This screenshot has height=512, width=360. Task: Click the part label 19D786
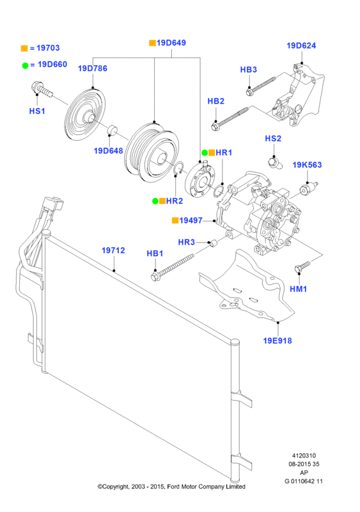pyautogui.click(x=92, y=68)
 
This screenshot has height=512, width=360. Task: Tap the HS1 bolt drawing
pyautogui.click(x=42, y=89)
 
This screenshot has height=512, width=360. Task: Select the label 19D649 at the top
pyautogui.click(x=171, y=43)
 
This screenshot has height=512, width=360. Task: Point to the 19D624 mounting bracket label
pyautogui.click(x=301, y=45)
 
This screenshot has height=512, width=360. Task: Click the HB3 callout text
pyautogui.click(x=248, y=70)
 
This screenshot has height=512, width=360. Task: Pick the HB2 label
pyautogui.click(x=215, y=101)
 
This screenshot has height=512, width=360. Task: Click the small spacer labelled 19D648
pyautogui.click(x=113, y=129)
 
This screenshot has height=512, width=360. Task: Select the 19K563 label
pyautogui.click(x=307, y=165)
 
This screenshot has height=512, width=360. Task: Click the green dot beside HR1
pyautogui.click(x=205, y=152)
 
